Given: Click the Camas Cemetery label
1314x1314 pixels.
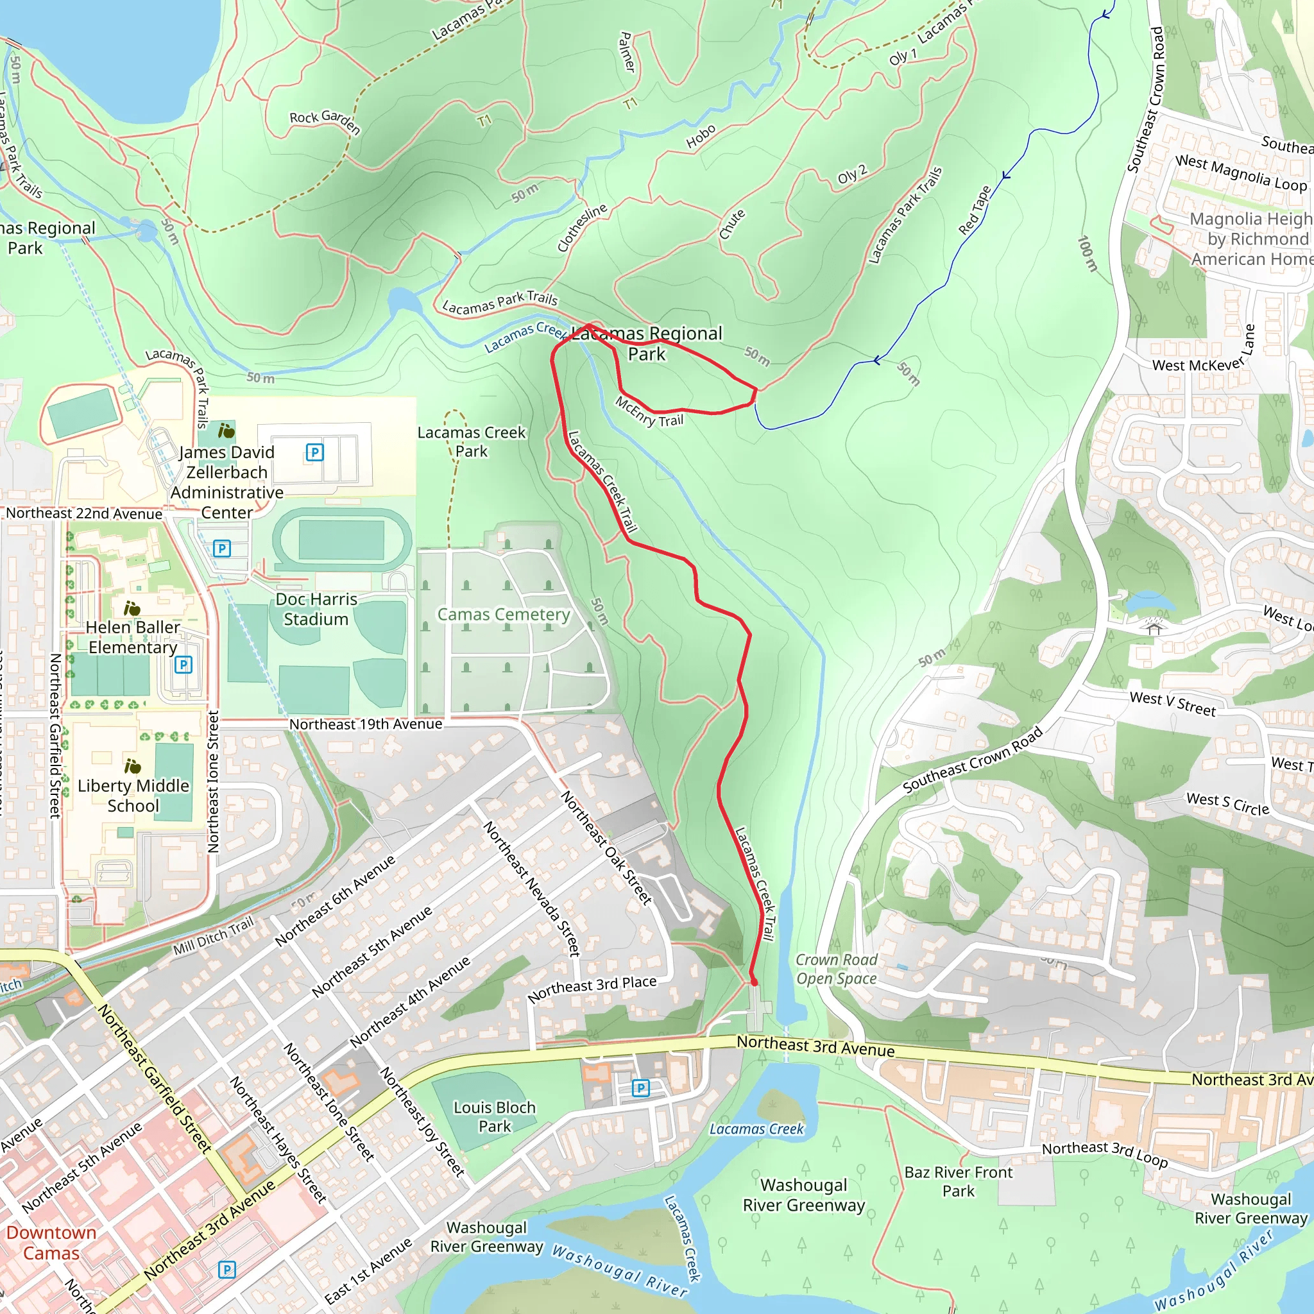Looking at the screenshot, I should [x=503, y=614].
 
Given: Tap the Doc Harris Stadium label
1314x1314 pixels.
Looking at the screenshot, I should [x=316, y=609].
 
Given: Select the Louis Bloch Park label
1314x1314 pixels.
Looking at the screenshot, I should [x=495, y=1117].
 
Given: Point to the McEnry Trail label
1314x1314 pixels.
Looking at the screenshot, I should [x=649, y=412].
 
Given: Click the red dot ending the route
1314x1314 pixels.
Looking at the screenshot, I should [x=754, y=982].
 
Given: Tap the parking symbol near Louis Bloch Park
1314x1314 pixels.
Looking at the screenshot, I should [x=640, y=1088].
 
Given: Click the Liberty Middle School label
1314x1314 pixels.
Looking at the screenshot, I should [x=133, y=795].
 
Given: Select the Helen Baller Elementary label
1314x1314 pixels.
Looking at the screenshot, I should [x=133, y=636].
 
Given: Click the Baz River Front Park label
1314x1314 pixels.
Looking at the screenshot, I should [x=958, y=1181].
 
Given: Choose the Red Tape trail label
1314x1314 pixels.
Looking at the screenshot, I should [x=975, y=210].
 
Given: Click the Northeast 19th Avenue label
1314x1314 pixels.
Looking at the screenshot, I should [x=365, y=724].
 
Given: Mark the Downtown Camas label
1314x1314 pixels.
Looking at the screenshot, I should [x=51, y=1243].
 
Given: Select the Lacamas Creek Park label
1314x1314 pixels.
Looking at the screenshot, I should [x=472, y=441].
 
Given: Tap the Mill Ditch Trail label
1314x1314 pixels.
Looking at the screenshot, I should [x=213, y=936].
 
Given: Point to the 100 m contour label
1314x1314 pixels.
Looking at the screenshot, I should [x=1088, y=253].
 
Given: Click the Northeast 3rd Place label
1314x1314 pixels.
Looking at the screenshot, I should [x=592, y=989].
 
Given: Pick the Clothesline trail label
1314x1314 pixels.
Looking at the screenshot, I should [x=581, y=228].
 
